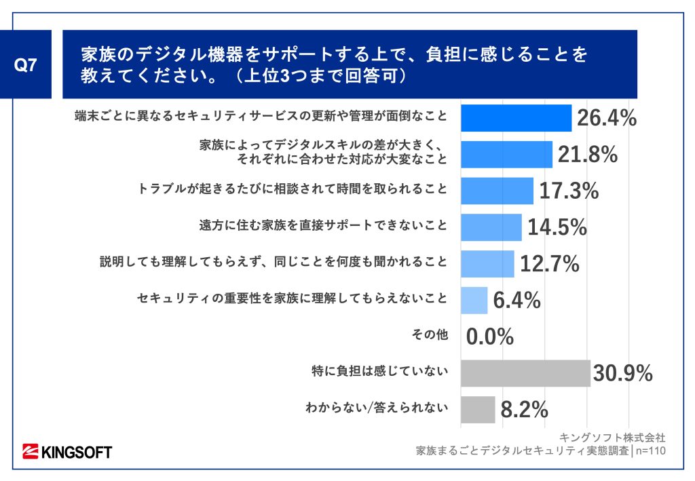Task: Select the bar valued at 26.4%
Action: click(x=516, y=118)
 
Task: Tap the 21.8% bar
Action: click(x=506, y=155)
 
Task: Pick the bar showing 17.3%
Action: click(x=497, y=191)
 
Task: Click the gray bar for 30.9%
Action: click(x=525, y=373)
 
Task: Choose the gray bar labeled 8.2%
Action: click(x=478, y=409)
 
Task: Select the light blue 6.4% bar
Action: click(x=474, y=300)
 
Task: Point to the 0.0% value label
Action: click(x=489, y=336)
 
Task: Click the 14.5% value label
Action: click(x=557, y=227)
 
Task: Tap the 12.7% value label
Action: click(x=550, y=264)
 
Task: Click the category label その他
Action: click(x=430, y=334)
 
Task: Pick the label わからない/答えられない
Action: click(x=377, y=408)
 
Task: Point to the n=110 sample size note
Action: click(x=650, y=450)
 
